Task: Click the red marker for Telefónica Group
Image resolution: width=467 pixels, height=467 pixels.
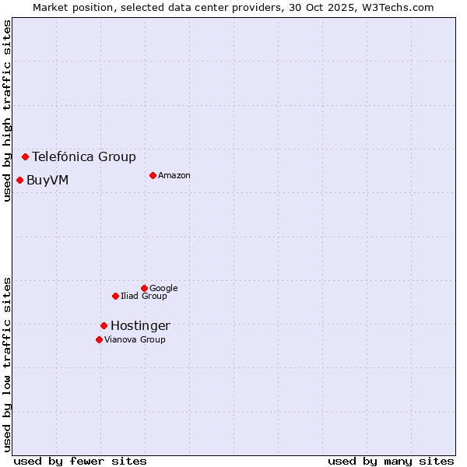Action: (x=25, y=156)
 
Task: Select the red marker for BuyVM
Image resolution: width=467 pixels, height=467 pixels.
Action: (x=19, y=181)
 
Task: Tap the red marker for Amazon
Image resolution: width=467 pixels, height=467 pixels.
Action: (x=153, y=175)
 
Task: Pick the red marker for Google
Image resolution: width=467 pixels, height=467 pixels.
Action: (x=144, y=288)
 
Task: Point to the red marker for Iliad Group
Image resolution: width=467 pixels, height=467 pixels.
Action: (x=115, y=296)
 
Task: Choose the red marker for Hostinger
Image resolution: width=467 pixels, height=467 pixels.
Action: (x=104, y=325)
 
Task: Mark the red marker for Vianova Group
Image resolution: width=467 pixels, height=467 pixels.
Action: (x=99, y=339)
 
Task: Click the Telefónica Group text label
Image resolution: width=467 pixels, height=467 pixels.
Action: (x=84, y=156)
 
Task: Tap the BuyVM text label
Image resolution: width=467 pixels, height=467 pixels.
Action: (x=47, y=181)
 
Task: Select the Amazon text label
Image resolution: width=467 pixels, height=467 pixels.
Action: (x=174, y=175)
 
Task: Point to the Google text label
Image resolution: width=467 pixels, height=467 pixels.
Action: (x=163, y=288)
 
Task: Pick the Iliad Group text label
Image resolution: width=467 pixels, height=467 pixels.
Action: (x=144, y=296)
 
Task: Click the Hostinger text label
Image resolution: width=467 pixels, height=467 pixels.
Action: (x=140, y=325)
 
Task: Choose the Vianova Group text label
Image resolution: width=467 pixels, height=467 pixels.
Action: (x=135, y=339)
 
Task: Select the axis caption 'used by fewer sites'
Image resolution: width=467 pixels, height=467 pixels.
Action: (x=80, y=461)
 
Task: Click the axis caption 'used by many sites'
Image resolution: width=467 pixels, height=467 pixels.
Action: (x=391, y=461)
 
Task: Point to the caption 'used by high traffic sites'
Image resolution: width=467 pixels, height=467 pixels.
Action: (x=7, y=111)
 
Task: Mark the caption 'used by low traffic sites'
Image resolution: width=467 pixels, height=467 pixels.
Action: (x=7, y=364)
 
